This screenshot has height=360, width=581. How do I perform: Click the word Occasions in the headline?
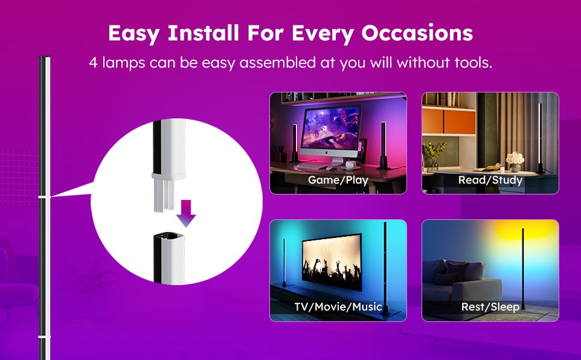(417, 33)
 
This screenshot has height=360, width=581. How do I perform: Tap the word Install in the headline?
(203, 33)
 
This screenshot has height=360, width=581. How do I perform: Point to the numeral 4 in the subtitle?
(94, 63)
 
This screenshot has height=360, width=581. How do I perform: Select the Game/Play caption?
(338, 180)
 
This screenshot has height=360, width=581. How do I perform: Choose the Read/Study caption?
(490, 180)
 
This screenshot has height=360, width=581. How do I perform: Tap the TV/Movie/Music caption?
(338, 307)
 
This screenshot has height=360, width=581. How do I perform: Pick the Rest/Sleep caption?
(490, 307)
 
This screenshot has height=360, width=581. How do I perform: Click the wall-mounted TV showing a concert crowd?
(332, 262)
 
